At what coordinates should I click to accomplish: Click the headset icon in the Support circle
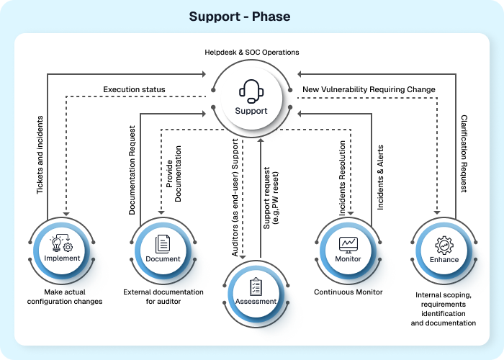[x=251, y=91]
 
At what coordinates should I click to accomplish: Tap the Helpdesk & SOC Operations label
[x=251, y=53]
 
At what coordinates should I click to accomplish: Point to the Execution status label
[x=134, y=90]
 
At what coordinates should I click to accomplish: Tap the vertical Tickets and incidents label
[x=40, y=154]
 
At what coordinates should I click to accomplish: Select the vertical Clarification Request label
[x=464, y=154]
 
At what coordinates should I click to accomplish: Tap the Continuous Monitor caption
[x=348, y=292]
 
